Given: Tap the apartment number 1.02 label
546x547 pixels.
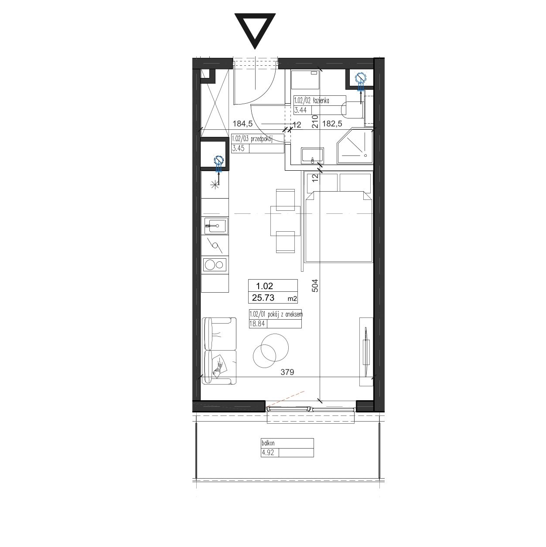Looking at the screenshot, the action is point(264,286).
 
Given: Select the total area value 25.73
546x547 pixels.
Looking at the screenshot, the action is point(263,298).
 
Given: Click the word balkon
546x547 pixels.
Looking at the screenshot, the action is point(268,443).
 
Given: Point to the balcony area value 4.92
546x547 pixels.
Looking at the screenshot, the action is point(268,452).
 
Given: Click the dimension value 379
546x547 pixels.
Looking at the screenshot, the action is point(287,372).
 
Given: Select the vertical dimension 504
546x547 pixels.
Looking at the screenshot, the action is point(315,286).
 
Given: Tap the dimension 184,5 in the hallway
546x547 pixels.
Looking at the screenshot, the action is point(242,124).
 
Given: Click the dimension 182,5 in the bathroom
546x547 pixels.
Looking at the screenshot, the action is point(332,124).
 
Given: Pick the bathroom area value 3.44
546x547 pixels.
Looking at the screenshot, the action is point(300,110).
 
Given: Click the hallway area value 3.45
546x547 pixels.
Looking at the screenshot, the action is point(238,148).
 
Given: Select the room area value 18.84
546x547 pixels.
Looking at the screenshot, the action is point(257,324).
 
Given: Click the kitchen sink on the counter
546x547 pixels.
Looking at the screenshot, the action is point(216,226).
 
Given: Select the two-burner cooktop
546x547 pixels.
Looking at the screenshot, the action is point(215,265).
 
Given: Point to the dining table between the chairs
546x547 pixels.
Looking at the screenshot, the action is point(285,221).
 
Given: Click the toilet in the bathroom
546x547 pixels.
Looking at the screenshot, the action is point(352,110).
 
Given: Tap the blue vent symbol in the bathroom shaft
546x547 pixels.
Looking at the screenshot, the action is point(361,77).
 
